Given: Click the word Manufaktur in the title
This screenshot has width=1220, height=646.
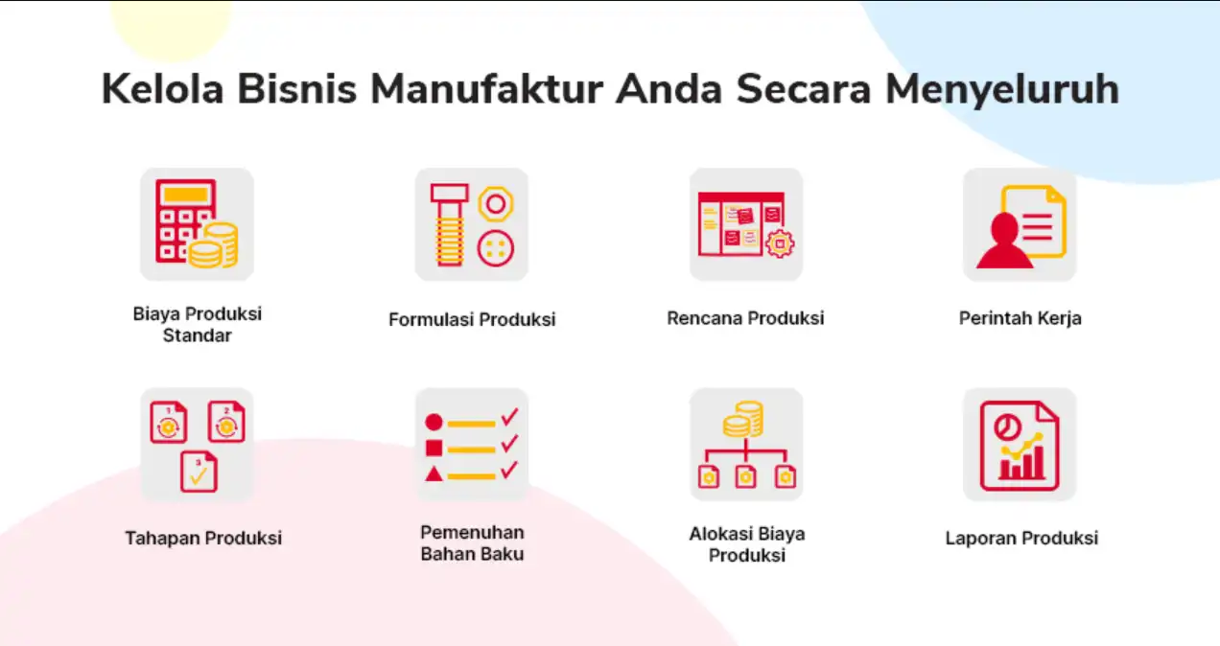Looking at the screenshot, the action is pyautogui.click(x=486, y=89).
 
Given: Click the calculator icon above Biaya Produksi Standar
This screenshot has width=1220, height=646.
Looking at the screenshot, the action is pyautogui.click(x=186, y=221).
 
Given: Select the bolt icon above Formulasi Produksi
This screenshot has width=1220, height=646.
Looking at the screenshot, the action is pyautogui.click(x=449, y=225).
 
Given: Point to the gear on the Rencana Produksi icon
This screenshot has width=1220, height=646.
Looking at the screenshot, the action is pyautogui.click(x=780, y=243).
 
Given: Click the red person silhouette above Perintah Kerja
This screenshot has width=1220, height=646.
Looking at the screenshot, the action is pyautogui.click(x=1004, y=241).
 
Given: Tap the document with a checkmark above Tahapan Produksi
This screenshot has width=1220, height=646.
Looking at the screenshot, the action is pyautogui.click(x=199, y=472).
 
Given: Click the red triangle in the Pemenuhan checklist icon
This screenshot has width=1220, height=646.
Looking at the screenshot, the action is pyautogui.click(x=434, y=474).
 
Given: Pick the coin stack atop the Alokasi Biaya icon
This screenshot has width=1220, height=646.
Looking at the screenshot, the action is pyautogui.click(x=743, y=419).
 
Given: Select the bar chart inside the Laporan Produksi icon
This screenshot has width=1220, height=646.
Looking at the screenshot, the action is pyautogui.click(x=1021, y=463).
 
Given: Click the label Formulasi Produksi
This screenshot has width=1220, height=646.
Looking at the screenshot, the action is pyautogui.click(x=472, y=319).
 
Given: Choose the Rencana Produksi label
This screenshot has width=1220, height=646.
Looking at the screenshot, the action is pyautogui.click(x=745, y=318).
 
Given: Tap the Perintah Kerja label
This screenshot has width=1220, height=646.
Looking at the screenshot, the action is pyautogui.click(x=1021, y=318).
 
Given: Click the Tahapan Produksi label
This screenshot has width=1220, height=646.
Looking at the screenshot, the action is pyautogui.click(x=203, y=539).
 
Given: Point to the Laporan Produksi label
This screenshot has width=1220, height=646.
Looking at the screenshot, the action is pyautogui.click(x=1021, y=539).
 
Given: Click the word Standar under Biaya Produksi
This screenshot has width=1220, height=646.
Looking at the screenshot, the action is pyautogui.click(x=198, y=335).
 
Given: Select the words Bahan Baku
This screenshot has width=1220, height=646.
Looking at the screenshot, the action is pyautogui.click(x=472, y=554).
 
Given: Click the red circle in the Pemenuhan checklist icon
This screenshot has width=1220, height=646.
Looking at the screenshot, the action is pyautogui.click(x=434, y=422).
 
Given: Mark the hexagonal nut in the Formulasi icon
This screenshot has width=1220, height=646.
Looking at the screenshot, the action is pyautogui.click(x=496, y=204).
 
